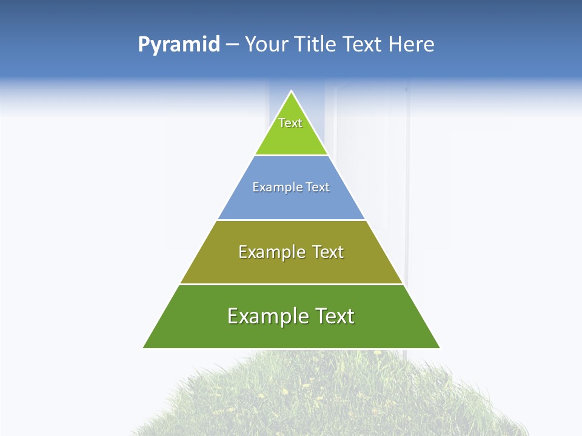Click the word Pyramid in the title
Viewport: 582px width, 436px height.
click(x=178, y=45)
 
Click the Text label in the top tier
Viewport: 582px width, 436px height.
click(x=290, y=123)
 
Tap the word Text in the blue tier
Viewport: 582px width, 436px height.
click(x=318, y=187)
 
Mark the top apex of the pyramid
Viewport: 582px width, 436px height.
click(x=292, y=92)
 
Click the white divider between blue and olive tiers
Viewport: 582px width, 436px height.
click(x=292, y=220)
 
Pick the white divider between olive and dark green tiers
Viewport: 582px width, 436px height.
click(x=292, y=284)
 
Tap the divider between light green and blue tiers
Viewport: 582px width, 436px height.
click(x=292, y=156)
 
